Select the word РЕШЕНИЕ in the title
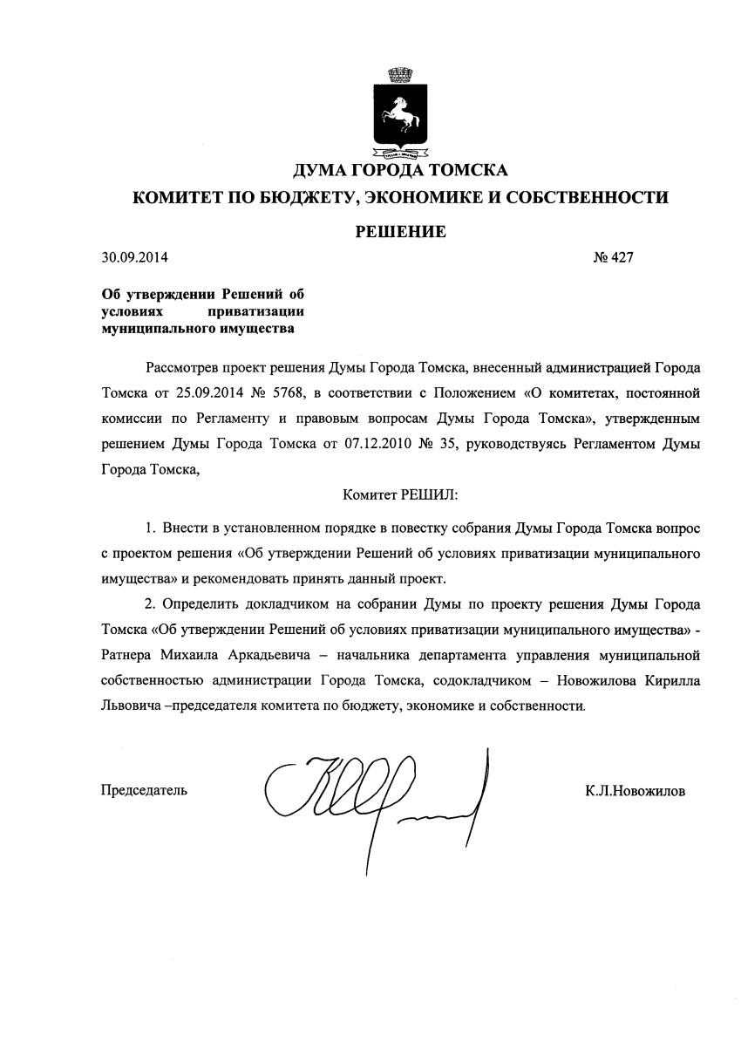[400, 231]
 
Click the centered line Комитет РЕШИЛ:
[400, 494]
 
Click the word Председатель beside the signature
[144, 791]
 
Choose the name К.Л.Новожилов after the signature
[636, 791]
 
